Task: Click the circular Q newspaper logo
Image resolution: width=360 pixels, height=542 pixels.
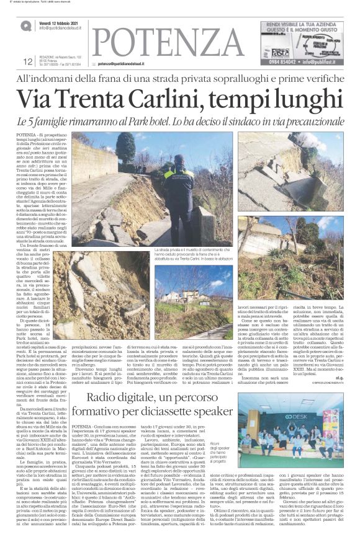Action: coord(25,26)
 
